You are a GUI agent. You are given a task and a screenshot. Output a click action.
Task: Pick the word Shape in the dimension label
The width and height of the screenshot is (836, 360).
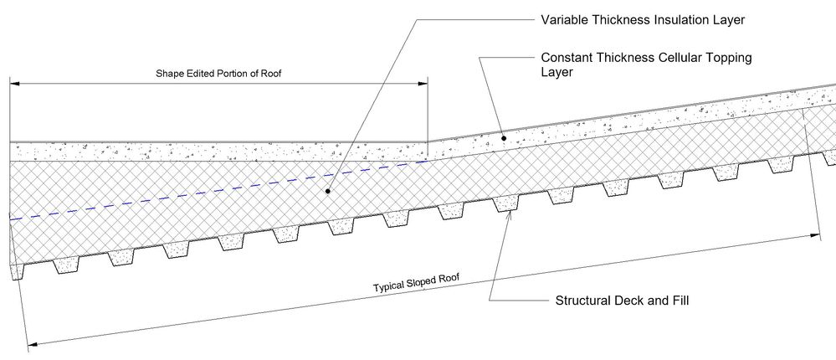[167, 74]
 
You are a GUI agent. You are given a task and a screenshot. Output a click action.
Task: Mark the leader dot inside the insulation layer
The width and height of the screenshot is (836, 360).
[328, 190]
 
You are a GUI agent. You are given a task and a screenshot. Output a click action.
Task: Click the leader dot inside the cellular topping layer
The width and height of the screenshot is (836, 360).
[503, 138]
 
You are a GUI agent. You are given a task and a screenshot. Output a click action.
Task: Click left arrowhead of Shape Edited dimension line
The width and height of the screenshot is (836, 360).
[15, 83]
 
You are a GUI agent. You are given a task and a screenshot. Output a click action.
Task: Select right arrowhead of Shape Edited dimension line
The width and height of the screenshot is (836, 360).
[423, 83]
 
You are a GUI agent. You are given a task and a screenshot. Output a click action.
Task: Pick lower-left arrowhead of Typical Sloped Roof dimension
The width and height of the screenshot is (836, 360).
[33, 345]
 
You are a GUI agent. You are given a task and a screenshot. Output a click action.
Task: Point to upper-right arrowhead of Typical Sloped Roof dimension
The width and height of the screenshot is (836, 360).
[815, 234]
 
